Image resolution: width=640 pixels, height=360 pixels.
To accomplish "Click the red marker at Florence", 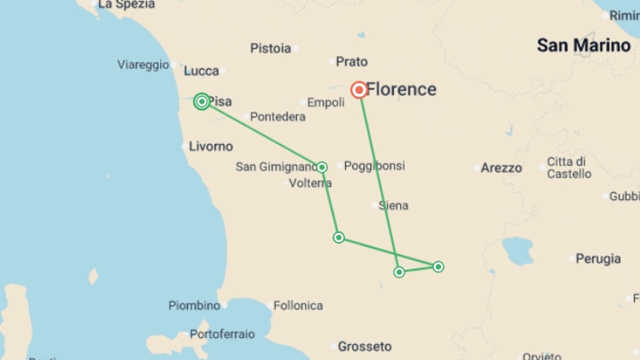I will tap(359, 90).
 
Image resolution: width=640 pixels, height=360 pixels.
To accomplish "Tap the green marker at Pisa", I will tap(202, 101).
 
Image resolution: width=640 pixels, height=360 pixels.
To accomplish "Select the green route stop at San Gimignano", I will tap(322, 167).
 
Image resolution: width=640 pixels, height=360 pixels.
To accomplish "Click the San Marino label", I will tap(584, 45).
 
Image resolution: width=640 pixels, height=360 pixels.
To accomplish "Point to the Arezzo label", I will tap(501, 168).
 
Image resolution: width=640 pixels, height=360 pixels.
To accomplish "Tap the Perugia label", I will tap(598, 259).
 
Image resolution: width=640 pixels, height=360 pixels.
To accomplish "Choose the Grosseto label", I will tap(365, 347).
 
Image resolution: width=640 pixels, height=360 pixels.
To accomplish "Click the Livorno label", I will tap(211, 146).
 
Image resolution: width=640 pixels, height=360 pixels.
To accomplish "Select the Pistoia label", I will tap(270, 48).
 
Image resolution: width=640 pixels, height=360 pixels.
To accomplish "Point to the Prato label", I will tap(352, 62).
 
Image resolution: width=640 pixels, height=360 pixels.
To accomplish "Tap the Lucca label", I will tap(201, 71).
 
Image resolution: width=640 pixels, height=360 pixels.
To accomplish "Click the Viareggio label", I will tap(143, 65).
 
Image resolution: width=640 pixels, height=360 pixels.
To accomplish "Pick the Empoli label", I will tap(326, 102).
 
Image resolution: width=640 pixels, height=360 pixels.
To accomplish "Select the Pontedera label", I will tap(278, 117).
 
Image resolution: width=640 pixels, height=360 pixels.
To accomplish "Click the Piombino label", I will tap(194, 305).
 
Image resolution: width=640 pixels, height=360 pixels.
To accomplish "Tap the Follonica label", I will tap(298, 305).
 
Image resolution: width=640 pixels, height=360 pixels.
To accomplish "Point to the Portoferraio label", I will tap(222, 334).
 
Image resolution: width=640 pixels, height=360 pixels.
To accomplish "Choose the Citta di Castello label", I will tap(569, 168).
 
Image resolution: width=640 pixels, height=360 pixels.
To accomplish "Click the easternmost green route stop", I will tap(438, 267).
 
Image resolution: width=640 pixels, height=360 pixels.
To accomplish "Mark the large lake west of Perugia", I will tap(517, 251).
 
